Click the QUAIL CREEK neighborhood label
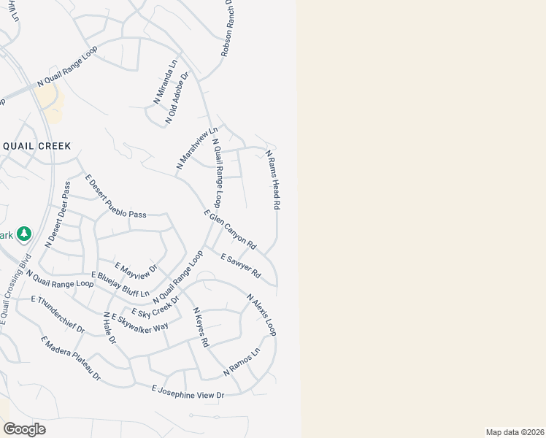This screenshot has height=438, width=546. click(36, 146)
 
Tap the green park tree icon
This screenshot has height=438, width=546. click(24, 234)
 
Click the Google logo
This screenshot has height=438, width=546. click(24, 429)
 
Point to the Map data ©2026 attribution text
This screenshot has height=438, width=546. click(515, 432)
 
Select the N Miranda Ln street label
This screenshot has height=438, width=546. click(165, 81)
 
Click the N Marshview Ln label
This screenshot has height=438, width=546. click(197, 150)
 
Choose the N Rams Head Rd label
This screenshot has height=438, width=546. click(273, 180)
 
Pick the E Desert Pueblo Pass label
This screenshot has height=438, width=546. click(115, 197)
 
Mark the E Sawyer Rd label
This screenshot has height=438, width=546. click(240, 266)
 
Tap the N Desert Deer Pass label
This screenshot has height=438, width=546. click(57, 215)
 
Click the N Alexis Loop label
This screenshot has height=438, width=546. click(261, 315)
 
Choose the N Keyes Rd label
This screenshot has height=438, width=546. click(201, 326)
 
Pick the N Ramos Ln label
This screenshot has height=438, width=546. click(242, 362)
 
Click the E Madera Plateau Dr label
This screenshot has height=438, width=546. click(71, 358)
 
